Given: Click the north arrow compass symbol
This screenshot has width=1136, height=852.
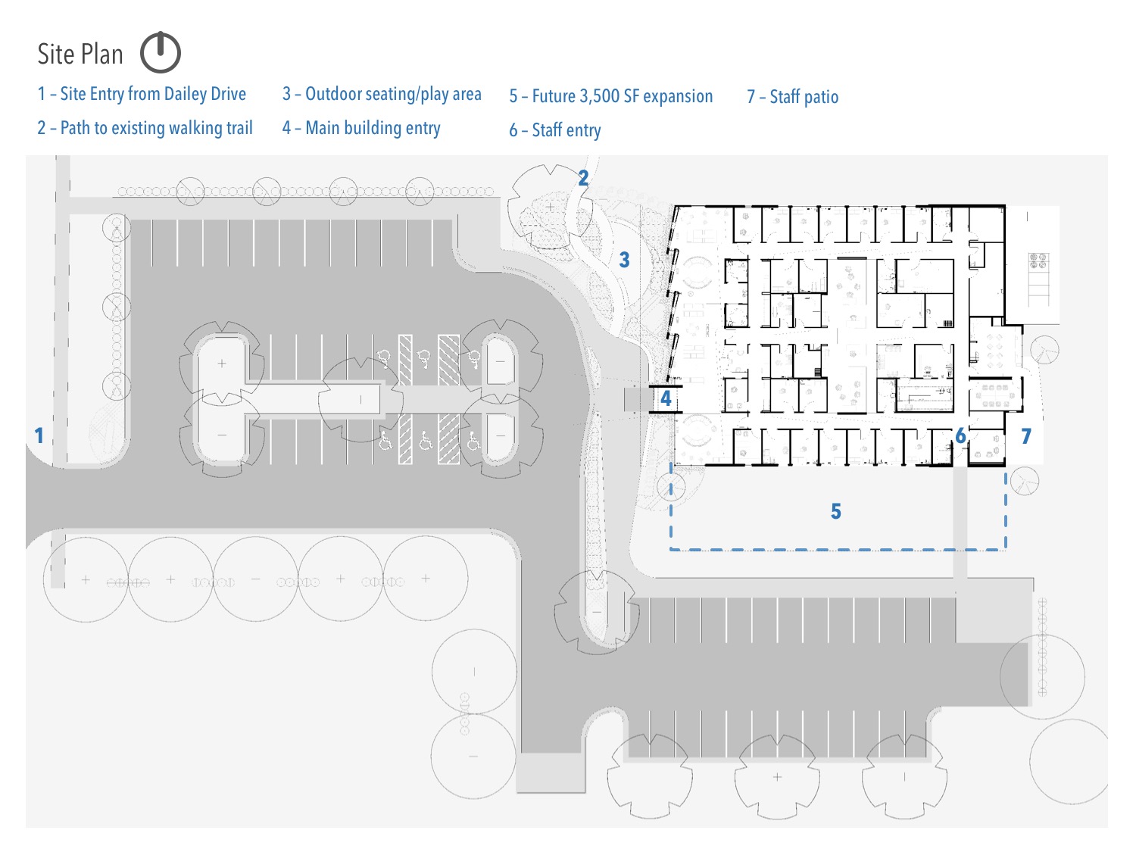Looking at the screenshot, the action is point(161,52).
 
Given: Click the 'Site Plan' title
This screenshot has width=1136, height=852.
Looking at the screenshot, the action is point(80,55).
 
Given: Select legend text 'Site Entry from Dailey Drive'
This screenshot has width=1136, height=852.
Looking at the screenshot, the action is point(153,94).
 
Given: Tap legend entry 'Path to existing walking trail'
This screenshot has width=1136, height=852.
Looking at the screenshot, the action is point(156,128).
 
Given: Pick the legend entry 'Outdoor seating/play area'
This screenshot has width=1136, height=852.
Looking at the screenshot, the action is point(393,94).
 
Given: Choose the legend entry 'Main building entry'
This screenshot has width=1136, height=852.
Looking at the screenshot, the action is point(373,128).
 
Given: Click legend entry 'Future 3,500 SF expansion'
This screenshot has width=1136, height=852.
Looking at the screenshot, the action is point(622,96).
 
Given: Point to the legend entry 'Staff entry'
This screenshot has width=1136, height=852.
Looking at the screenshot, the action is point(566,130).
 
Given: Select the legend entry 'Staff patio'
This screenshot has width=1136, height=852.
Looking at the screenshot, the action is point(804,97).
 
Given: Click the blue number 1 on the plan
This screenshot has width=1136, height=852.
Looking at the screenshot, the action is point(39,435).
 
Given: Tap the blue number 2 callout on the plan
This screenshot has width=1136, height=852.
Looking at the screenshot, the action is point(583,178).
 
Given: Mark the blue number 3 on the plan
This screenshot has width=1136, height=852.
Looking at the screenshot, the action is point(624,260).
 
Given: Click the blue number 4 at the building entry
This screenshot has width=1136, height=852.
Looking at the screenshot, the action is point(666,398).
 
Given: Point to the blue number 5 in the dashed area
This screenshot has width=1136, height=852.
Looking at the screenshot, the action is point(836,511).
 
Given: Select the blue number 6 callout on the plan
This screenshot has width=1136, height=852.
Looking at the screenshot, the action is point(960,436).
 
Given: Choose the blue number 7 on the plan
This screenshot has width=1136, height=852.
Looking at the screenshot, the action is point(1026,436).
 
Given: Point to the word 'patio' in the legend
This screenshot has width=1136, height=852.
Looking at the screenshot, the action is point(821,97).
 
